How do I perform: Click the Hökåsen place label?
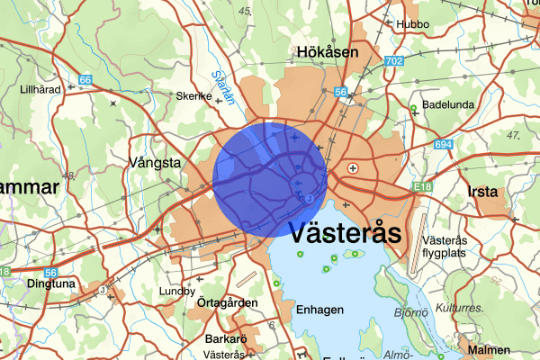328,53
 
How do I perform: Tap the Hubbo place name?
413,24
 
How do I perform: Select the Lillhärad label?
40,90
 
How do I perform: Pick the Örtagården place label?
229,302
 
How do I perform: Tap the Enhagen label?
319,310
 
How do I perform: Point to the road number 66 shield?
85,81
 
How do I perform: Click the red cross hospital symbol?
354,168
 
